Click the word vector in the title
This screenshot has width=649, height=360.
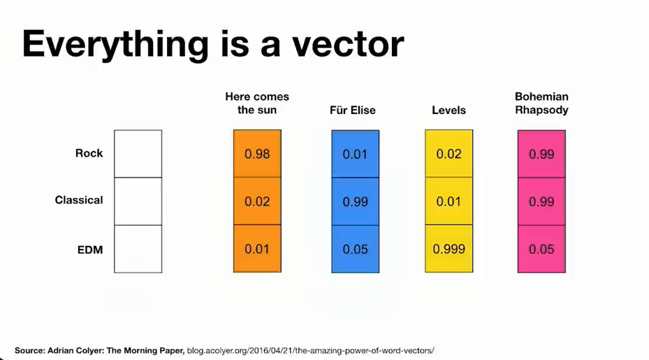[x=348, y=44]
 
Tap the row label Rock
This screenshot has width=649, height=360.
[x=89, y=153]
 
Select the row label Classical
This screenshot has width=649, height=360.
[x=79, y=200]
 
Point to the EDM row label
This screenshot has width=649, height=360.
[x=90, y=250]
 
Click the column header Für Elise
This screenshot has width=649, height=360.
[x=353, y=110]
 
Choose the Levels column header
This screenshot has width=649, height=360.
[x=449, y=110]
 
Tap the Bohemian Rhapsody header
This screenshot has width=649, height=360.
[x=541, y=103]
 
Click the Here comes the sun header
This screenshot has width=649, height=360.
[x=257, y=103]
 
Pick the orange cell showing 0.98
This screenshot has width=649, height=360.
[x=257, y=154]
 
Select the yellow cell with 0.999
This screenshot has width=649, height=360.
[x=449, y=249]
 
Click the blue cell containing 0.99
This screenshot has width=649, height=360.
[x=355, y=201]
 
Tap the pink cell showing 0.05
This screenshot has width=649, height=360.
[x=541, y=249]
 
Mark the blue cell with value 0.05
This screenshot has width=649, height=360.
[x=355, y=249]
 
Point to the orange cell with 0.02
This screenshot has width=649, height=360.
[x=257, y=201]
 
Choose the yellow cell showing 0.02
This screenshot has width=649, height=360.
[x=449, y=154]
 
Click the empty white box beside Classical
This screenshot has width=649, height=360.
[x=138, y=201]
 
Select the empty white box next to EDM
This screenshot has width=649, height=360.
[x=138, y=249]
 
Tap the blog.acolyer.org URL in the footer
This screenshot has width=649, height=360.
[x=310, y=350]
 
